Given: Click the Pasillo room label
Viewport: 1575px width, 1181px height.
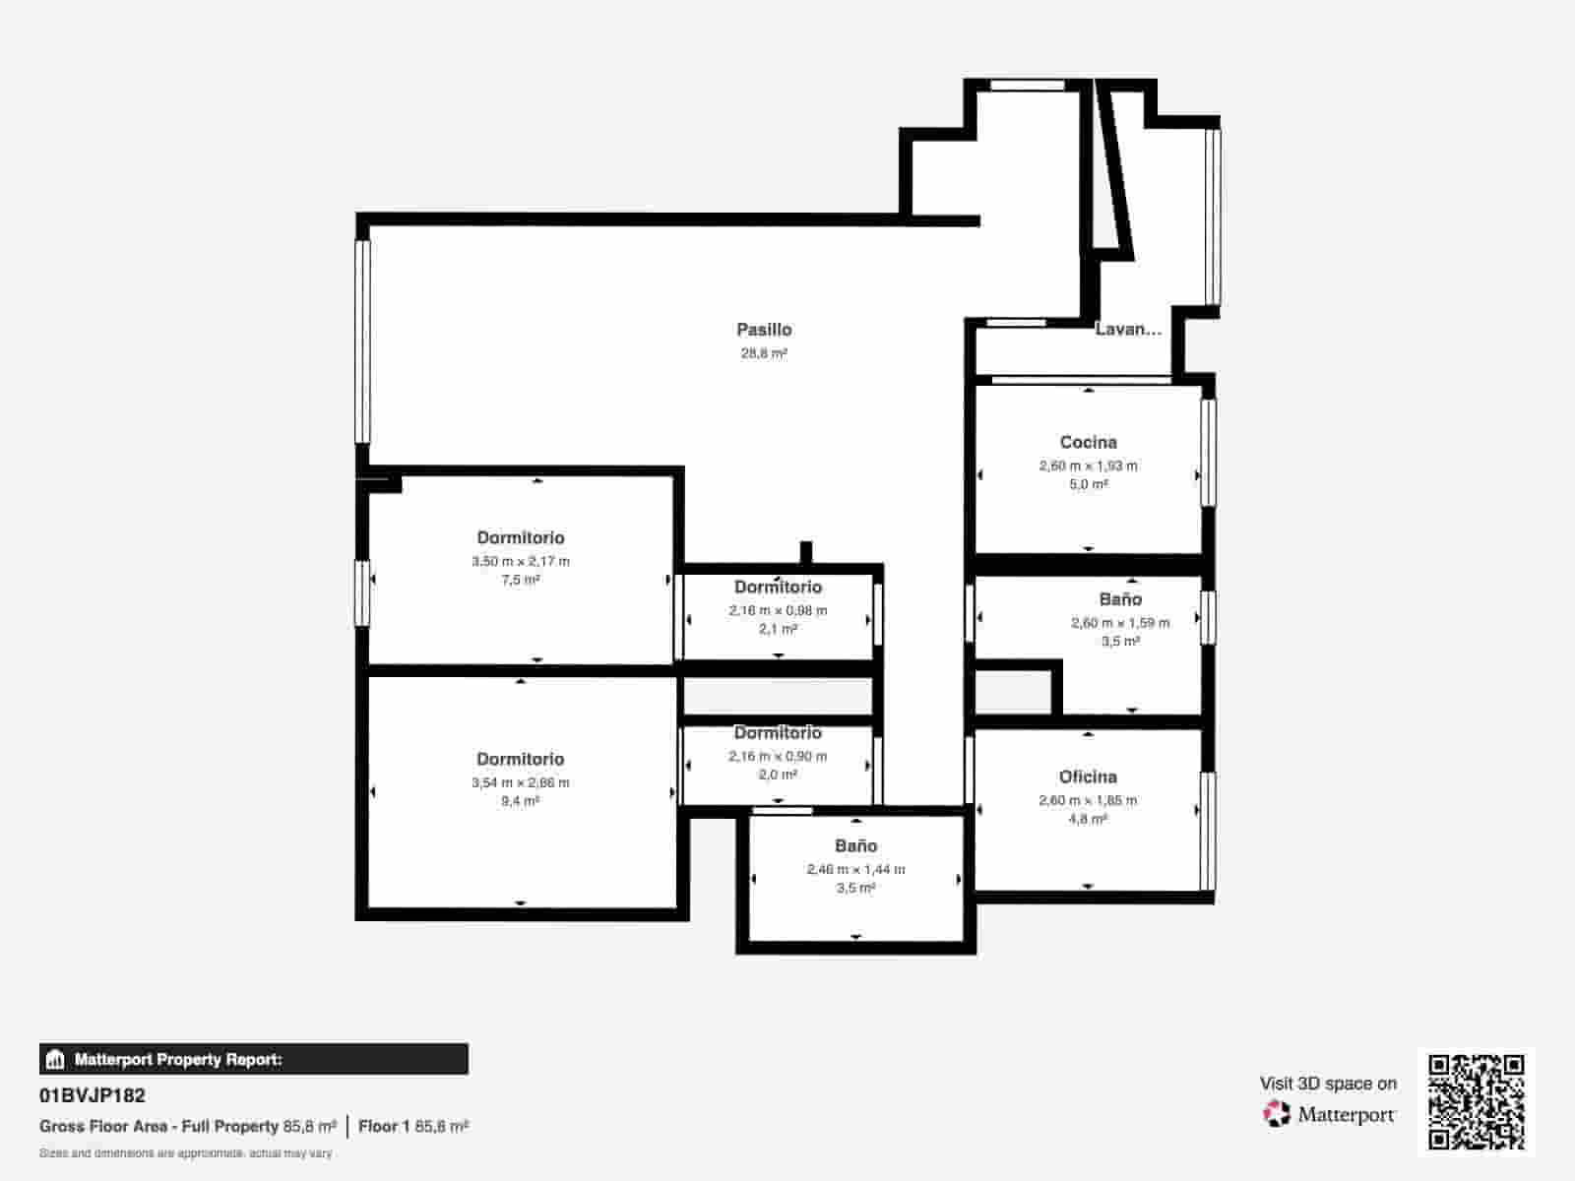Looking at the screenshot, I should point(764,330).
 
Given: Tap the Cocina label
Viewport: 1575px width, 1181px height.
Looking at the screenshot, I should point(1088,443).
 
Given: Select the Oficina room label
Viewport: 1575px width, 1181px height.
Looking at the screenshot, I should point(1088,777).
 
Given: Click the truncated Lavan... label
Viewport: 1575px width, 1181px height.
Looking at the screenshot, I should point(1128,330).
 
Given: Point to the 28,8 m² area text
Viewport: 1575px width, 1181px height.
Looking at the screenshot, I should point(764,353).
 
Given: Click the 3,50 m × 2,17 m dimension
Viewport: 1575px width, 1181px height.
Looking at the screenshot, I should point(520,562).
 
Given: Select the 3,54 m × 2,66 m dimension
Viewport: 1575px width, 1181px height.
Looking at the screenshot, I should point(520,783).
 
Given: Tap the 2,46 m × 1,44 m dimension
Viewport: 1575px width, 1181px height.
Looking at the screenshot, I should point(855,870).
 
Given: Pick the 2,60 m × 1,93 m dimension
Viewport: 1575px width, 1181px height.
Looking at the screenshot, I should point(1088,466).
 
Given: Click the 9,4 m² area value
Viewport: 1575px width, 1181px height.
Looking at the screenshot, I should point(520,801).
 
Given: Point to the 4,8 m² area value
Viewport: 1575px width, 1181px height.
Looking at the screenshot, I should point(1088,819).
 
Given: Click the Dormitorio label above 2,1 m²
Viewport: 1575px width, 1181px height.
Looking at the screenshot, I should point(778,588).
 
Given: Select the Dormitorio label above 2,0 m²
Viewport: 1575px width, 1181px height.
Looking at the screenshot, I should point(778,733).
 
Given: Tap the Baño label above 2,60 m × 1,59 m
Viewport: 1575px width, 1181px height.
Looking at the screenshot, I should point(1120,599).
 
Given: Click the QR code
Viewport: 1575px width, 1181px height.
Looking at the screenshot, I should point(1476,1101).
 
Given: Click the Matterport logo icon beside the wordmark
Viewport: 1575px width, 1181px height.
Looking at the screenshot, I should point(1276,1114).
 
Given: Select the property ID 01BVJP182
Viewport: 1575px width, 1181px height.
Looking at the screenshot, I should point(93,1095).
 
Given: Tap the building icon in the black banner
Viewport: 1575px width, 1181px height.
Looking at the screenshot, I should point(55,1060).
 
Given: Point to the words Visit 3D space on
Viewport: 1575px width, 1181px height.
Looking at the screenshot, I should point(1328,1084).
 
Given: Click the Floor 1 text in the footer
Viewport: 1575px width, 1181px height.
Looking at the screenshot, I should point(384,1126).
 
